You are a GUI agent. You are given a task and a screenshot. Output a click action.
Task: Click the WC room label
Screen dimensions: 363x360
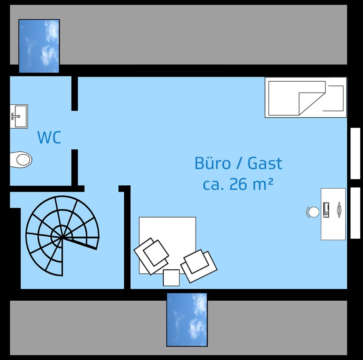[49, 137]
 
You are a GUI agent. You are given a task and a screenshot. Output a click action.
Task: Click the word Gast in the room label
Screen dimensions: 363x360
[265, 163]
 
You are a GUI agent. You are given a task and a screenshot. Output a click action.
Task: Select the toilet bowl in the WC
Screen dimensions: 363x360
[21, 160]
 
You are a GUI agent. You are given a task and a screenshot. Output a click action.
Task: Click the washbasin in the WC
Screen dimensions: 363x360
[19, 116]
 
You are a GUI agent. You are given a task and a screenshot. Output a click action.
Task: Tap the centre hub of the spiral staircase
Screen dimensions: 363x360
[61, 237]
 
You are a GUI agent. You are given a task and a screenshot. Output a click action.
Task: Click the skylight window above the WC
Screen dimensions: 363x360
[39, 46]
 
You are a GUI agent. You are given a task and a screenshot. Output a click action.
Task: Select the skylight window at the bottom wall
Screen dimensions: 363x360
[187, 320]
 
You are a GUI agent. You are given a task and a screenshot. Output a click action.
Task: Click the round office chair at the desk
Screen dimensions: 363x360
[313, 212]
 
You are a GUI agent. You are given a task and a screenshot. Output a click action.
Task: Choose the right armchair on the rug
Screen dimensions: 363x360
[198, 264]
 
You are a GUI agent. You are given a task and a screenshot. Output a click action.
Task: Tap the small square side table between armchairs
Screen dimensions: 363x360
[171, 278]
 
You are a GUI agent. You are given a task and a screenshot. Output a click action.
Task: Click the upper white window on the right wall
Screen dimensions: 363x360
[355, 153]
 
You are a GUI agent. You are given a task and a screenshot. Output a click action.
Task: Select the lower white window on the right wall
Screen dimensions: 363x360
[355, 213]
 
